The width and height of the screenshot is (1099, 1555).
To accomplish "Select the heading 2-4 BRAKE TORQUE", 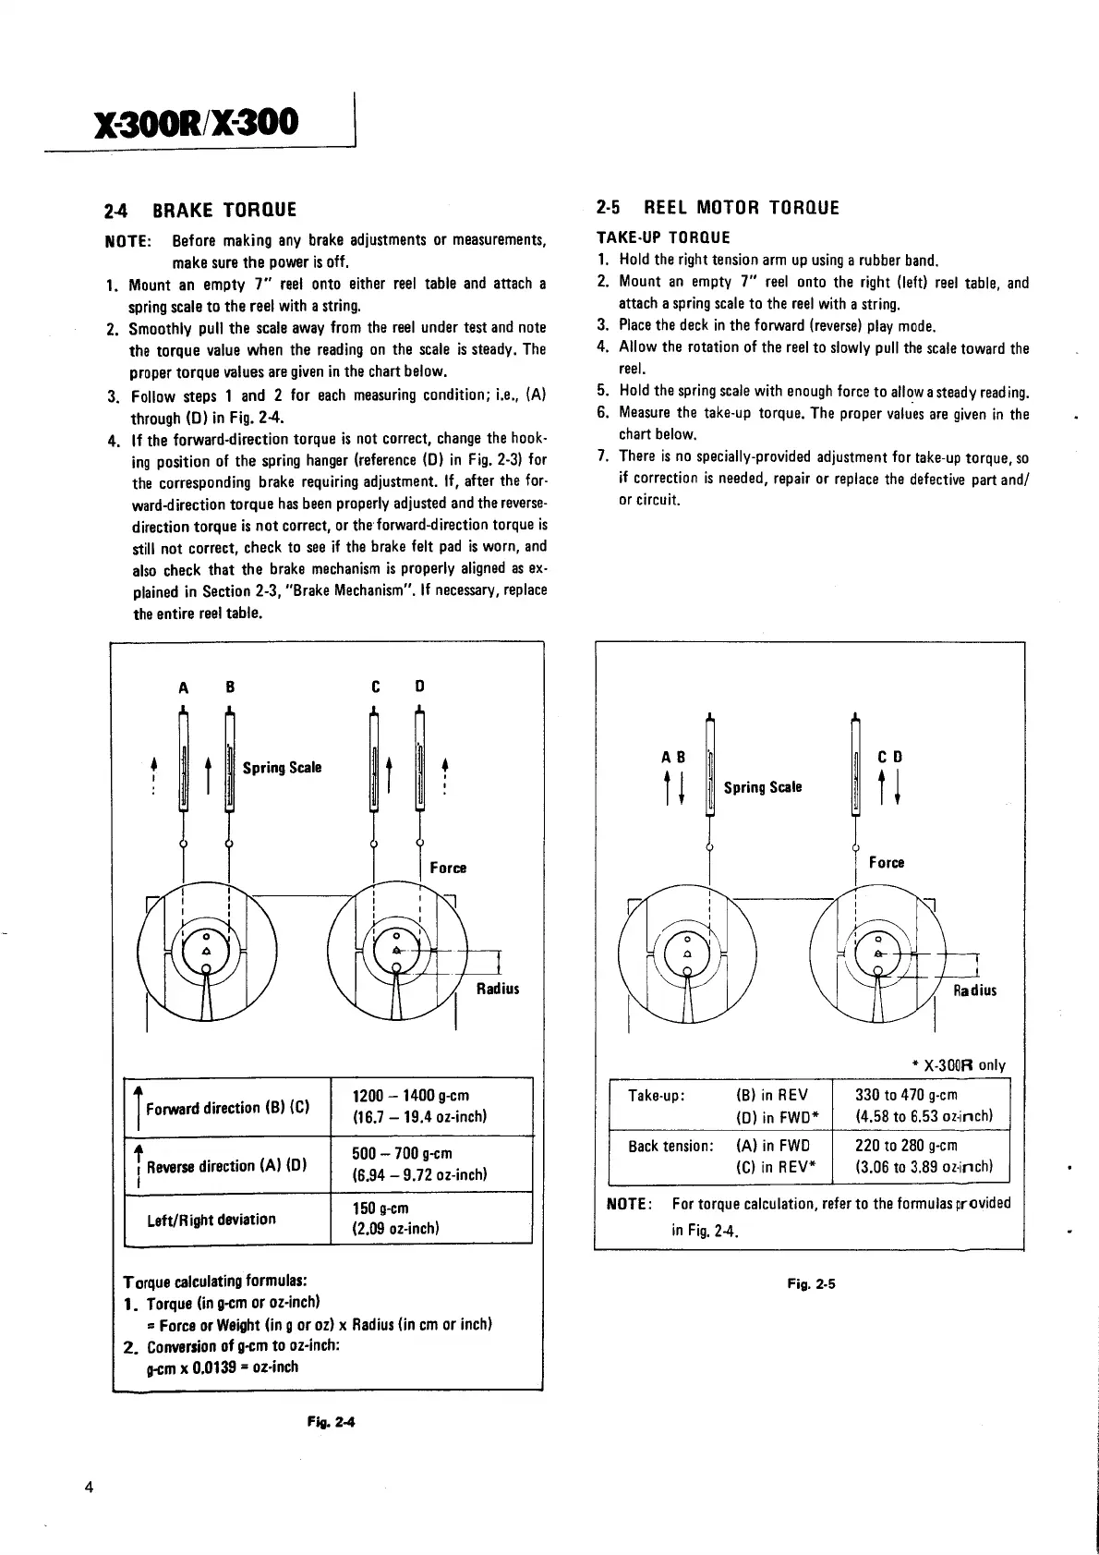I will [x=202, y=210].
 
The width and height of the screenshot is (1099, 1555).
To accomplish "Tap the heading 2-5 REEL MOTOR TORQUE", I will [x=718, y=208].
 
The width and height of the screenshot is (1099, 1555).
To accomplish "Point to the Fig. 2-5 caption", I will [x=811, y=1283].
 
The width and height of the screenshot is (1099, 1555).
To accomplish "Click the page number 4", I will [x=89, y=1487].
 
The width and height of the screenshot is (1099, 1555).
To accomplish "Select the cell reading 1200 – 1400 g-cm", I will [x=411, y=1097].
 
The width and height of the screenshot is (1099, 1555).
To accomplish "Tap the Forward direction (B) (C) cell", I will [x=227, y=1108].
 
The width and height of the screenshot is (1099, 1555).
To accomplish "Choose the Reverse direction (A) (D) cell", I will [x=227, y=1166].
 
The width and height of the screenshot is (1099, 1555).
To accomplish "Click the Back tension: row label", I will [x=670, y=1147].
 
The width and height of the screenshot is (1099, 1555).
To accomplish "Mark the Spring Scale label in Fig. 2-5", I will [x=762, y=787].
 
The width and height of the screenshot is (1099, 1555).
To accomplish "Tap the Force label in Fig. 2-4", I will [x=448, y=868].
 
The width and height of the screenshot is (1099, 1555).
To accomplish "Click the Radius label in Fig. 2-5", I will [x=974, y=990].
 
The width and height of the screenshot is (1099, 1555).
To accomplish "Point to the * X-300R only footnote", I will [x=958, y=1065].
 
